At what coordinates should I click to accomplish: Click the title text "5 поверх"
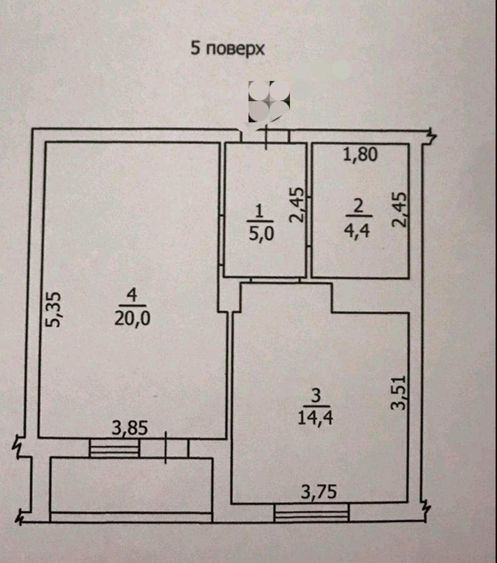(227, 48)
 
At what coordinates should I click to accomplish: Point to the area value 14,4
(315, 417)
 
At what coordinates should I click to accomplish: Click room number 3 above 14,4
(316, 396)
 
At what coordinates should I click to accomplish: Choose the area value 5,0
(261, 233)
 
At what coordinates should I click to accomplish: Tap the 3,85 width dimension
(130, 428)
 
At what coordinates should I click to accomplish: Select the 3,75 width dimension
(319, 492)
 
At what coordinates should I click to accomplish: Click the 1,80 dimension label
(360, 154)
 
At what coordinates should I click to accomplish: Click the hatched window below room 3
(312, 512)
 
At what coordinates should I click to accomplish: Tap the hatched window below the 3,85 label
(115, 448)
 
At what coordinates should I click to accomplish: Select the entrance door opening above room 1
(265, 136)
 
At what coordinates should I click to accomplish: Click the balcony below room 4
(131, 485)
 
